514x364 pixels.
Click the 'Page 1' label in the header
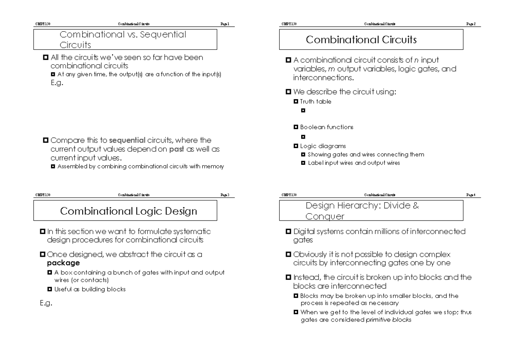[225, 24]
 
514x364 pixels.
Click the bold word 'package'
[63, 263]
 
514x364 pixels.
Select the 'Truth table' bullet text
[316, 102]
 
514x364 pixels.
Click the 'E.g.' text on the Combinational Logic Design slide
[46, 303]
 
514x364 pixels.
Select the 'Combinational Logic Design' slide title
[128, 211]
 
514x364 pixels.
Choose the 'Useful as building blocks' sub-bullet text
[90, 289]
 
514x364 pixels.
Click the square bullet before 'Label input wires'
[303, 163]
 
